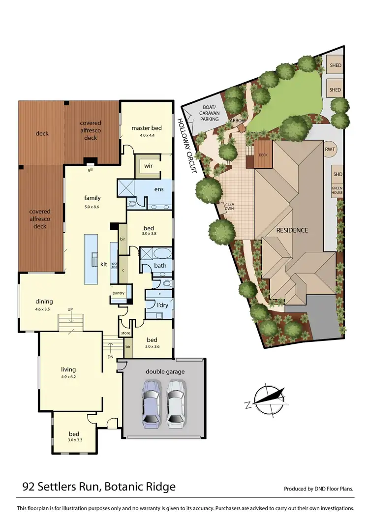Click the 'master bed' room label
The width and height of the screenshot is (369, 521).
tap(147, 128)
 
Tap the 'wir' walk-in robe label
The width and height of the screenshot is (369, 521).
tap(149, 166)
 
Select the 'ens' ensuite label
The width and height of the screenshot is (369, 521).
tap(159, 189)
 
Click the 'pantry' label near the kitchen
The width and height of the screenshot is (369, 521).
tap(119, 294)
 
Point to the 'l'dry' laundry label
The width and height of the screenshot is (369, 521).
tap(163, 305)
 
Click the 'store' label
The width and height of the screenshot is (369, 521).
tap(125, 334)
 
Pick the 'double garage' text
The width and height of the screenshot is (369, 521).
tap(165, 371)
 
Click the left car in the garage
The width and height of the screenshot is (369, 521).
tap(152, 402)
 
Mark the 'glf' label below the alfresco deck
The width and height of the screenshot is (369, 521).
tap(91, 170)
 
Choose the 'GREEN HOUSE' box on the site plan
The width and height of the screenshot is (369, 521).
tap(337, 190)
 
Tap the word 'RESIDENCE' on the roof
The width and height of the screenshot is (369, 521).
tap(292, 230)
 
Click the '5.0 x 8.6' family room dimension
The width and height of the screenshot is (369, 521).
tap(92, 207)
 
